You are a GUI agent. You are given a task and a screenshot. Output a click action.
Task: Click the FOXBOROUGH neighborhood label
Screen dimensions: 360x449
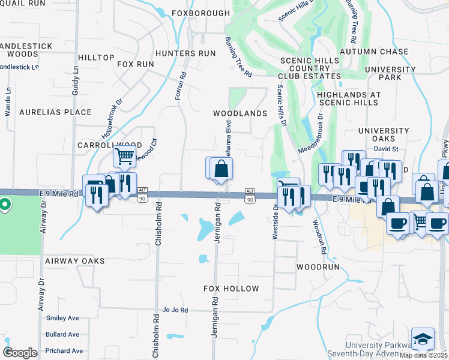[200, 13]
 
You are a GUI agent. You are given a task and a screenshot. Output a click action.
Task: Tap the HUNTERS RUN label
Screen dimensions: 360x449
[185, 53]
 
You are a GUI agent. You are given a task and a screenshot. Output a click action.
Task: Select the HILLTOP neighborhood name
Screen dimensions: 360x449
[96, 58]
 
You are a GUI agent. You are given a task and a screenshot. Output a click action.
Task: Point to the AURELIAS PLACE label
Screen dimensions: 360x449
[55, 112]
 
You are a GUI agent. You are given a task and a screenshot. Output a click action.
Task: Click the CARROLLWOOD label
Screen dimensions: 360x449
[109, 145]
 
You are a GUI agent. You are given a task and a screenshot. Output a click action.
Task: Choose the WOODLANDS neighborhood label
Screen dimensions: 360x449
[240, 113]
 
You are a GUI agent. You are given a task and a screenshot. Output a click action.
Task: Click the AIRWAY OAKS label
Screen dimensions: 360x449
[74, 261]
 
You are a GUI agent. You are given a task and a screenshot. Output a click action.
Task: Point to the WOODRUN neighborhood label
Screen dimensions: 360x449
[318, 266]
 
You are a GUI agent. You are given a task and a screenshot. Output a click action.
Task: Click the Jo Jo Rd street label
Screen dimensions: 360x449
[175, 310]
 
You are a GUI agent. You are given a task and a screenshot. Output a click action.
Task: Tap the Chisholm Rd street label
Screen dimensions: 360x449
[158, 224]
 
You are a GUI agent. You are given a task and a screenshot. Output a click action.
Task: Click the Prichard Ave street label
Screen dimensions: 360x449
[64, 350]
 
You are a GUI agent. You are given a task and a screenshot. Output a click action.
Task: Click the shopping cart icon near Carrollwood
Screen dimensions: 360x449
[124, 156]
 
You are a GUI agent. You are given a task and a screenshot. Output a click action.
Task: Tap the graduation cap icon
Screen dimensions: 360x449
[423, 338]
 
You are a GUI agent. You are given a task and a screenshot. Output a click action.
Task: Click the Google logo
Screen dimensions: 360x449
[20, 353]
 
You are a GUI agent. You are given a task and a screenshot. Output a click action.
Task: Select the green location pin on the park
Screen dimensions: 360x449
[5, 205]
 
